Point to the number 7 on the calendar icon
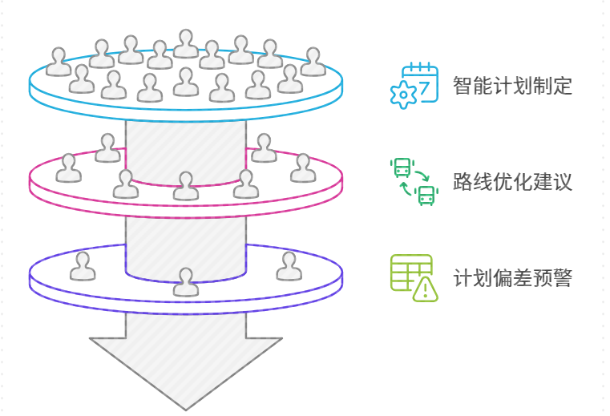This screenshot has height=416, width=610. (424, 83)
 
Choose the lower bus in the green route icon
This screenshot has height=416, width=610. (427, 194)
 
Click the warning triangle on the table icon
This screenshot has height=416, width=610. (425, 289)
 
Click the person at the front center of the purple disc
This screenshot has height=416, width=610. (186, 281)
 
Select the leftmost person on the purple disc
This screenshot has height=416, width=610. (82, 266)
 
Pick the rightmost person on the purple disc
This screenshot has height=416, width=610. (289, 266)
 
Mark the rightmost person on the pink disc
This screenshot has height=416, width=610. (303, 168)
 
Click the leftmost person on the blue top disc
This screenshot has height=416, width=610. (58, 62)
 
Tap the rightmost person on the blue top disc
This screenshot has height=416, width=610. (313, 62)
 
